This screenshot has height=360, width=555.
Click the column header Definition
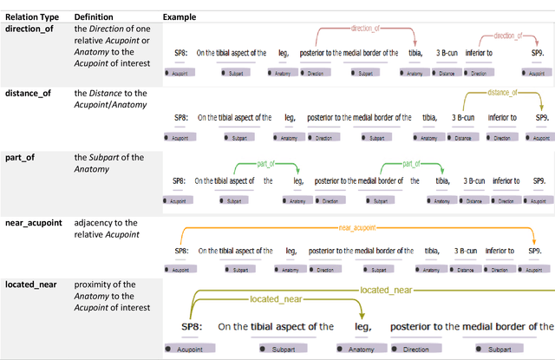point(93,16)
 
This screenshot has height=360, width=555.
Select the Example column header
point(180,16)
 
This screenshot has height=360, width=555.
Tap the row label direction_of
point(32,29)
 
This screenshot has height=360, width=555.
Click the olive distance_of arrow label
point(502,92)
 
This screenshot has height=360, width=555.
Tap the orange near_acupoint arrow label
point(356,228)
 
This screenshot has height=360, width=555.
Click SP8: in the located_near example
point(195,327)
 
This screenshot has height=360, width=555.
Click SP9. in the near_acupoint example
point(536,251)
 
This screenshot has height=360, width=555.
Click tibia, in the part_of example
point(443,181)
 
